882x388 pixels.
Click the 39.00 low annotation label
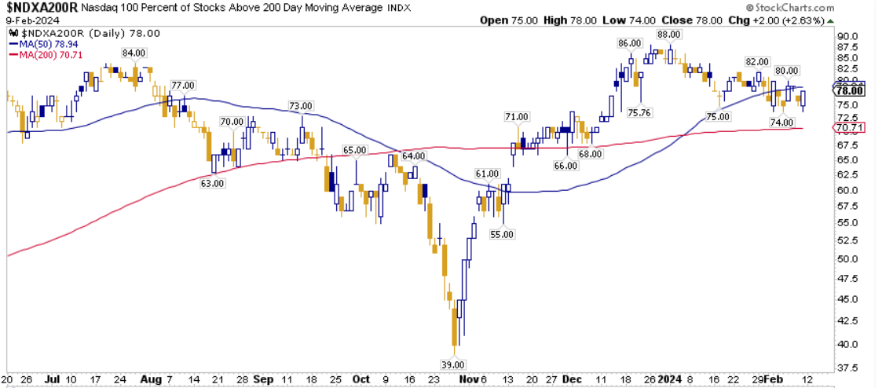click(x=455, y=364)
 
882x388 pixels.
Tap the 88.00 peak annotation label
click(x=668, y=35)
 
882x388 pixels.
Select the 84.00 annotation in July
click(x=134, y=53)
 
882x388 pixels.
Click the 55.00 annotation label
click(x=503, y=234)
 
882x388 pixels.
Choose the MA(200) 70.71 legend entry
click(x=48, y=54)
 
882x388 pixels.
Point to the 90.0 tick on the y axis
click(x=847, y=36)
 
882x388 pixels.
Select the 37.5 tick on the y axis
click(x=847, y=367)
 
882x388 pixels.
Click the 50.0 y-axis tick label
click(x=847, y=259)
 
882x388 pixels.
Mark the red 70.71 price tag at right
click(x=848, y=127)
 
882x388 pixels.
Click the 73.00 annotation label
click(x=301, y=106)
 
